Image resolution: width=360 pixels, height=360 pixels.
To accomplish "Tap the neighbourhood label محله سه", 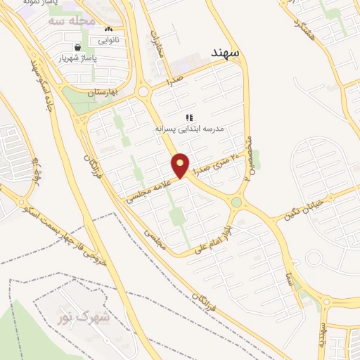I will (72, 20).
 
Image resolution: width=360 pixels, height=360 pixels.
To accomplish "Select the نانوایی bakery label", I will (108, 40).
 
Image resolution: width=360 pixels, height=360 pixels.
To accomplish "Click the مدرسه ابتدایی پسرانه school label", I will (189, 130).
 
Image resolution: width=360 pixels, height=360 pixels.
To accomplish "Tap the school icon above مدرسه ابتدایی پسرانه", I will (188, 117).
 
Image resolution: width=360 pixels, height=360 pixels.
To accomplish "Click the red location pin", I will (181, 165).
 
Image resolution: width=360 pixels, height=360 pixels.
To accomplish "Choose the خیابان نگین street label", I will (306, 208).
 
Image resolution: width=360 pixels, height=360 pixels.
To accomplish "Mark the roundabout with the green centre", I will (236, 203).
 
